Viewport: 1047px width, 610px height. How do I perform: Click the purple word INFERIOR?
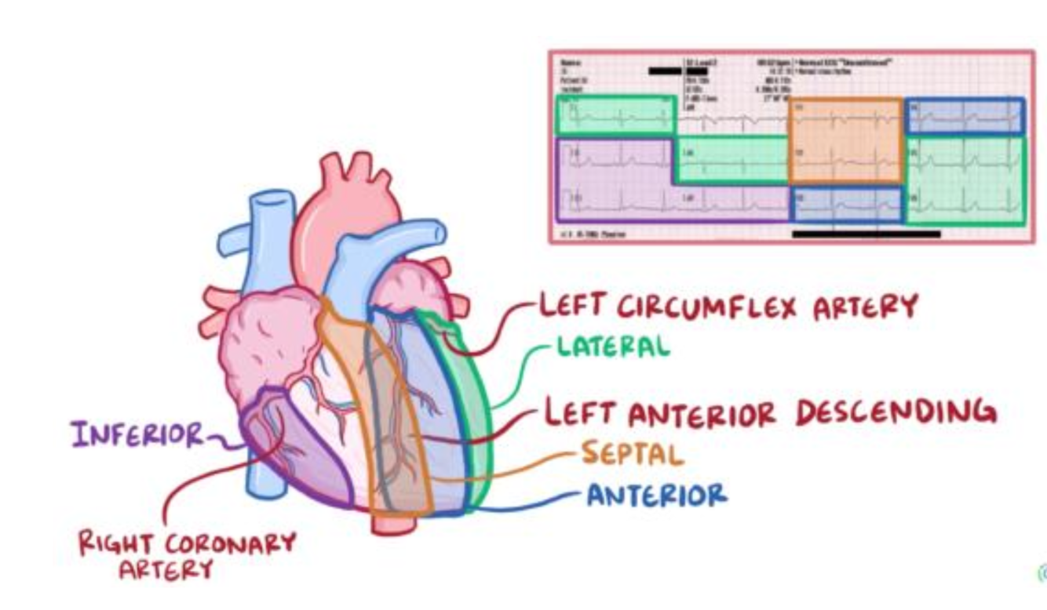point(137,433)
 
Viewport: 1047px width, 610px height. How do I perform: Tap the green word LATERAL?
point(614,346)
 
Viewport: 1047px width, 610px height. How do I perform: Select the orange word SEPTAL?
point(633,452)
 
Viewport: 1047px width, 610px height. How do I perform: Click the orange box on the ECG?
point(846,141)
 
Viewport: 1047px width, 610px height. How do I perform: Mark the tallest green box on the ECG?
point(965,180)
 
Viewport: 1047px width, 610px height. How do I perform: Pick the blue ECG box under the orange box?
point(846,204)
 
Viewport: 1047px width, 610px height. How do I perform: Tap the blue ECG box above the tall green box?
point(965,116)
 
